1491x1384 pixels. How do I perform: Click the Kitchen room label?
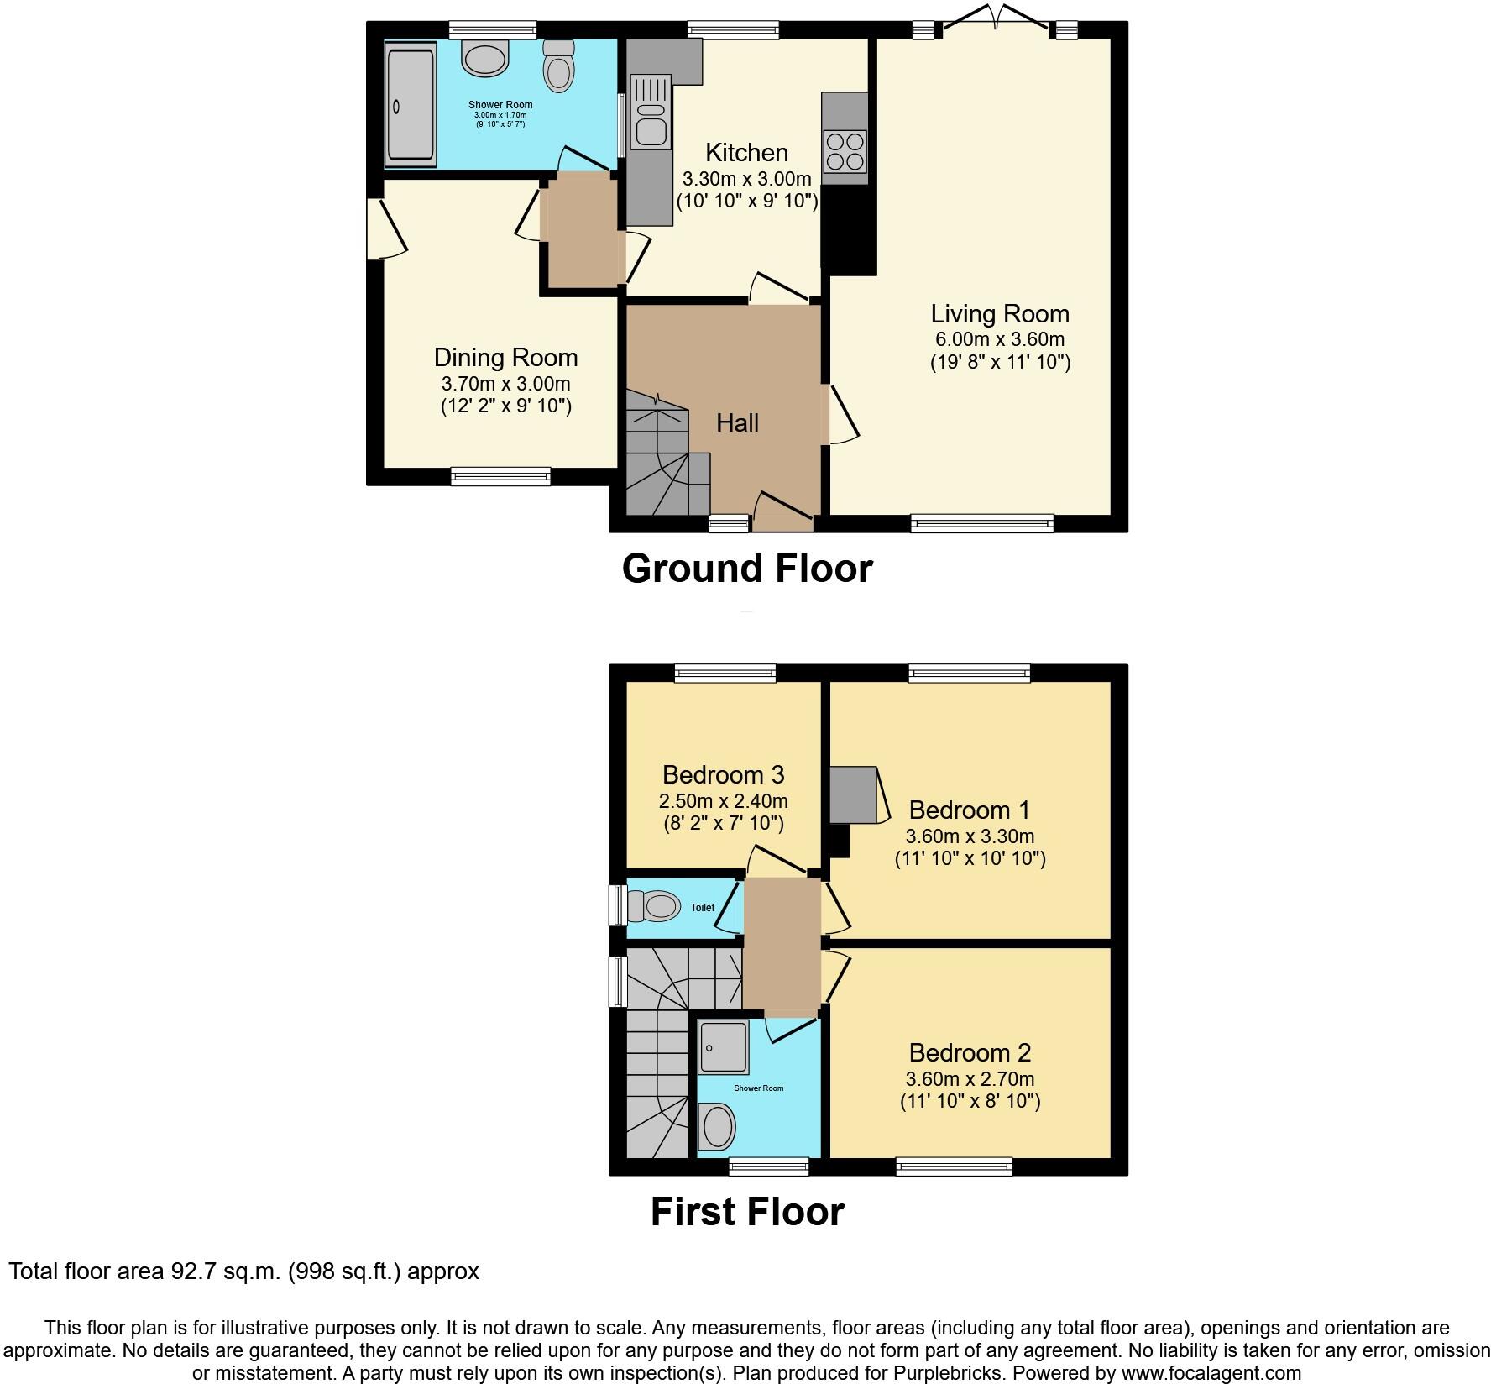click(x=746, y=153)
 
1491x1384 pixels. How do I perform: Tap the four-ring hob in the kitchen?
click(x=845, y=152)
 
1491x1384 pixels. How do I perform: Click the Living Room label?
click(x=999, y=314)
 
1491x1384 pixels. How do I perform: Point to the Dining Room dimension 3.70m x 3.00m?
click(x=505, y=384)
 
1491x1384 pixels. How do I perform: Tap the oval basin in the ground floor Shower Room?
click(x=486, y=59)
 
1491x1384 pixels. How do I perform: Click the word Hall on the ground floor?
click(x=737, y=423)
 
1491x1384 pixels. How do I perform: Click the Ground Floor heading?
click(x=747, y=569)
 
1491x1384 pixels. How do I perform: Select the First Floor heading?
click(x=747, y=1212)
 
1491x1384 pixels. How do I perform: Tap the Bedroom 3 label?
click(x=723, y=774)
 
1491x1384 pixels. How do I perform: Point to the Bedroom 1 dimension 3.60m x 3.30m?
click(x=970, y=836)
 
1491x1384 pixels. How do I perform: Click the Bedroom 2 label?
click(x=970, y=1052)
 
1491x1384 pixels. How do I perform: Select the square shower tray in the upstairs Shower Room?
click(x=723, y=1047)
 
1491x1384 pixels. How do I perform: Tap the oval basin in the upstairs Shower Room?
click(x=717, y=1126)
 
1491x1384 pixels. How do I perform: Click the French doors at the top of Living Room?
click(x=996, y=21)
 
